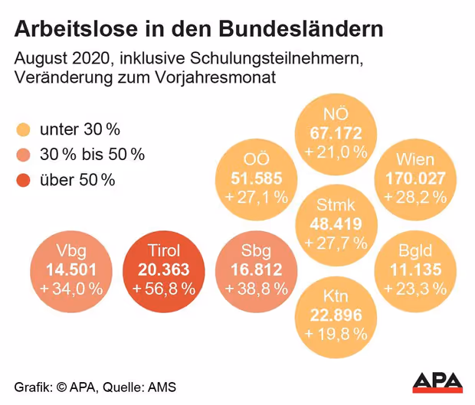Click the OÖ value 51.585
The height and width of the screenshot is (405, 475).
[256, 179]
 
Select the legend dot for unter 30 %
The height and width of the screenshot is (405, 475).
[22, 129]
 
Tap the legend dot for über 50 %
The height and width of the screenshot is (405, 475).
[22, 181]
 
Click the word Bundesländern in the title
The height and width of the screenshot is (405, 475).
[301, 29]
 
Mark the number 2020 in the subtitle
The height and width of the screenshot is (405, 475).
[89, 58]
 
